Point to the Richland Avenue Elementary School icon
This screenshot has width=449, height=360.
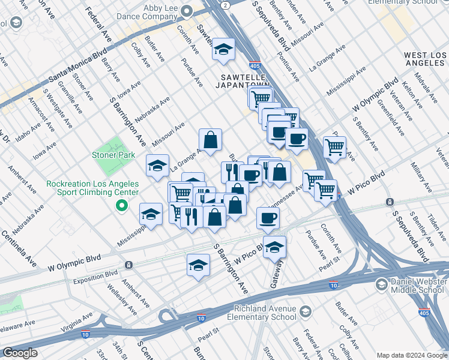[x=306, y=311]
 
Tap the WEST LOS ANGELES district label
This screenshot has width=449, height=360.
[x=420, y=59]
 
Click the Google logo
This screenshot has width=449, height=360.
[x=20, y=353]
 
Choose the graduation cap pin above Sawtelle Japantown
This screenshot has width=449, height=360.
[x=223, y=50]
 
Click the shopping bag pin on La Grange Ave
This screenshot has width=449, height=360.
[x=211, y=140]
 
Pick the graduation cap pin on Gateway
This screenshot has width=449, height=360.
[x=274, y=247]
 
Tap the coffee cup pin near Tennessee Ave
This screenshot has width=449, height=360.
[x=268, y=218]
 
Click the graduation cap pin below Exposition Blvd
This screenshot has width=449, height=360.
[x=198, y=265]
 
